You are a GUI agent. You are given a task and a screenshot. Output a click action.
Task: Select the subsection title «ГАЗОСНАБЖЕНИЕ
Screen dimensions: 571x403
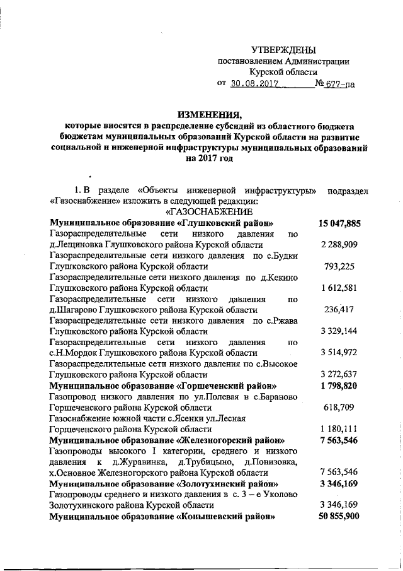coord(209,211)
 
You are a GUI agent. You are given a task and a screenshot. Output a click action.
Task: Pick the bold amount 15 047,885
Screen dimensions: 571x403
coord(339,223)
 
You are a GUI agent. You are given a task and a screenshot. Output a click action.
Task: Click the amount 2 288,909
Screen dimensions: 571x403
coord(339,244)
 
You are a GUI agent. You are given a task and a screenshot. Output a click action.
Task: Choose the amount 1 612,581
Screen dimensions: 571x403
coord(339,288)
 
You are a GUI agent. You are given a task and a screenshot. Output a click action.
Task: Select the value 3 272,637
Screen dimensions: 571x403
coord(339,374)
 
